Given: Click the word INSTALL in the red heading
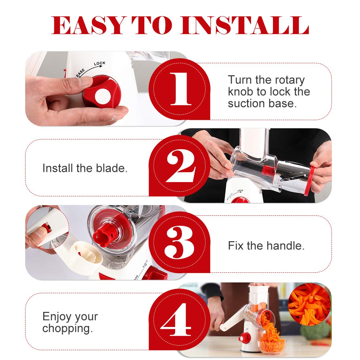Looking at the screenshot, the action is (x=245, y=25).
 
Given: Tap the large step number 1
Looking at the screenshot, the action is (x=181, y=89).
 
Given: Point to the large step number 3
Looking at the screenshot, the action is (x=179, y=243).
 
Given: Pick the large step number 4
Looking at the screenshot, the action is (x=176, y=319).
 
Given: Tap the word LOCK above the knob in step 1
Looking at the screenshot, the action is (x=99, y=63).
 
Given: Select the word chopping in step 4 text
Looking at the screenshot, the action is (x=67, y=329).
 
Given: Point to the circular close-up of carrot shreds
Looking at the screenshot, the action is (x=309, y=304).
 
